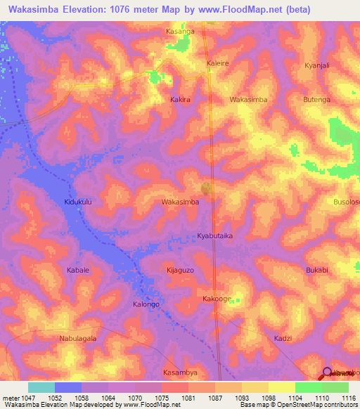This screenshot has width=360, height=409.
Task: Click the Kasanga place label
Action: pyautogui.click(x=179, y=32)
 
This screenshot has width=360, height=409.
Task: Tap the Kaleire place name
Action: pyautogui.click(x=217, y=63)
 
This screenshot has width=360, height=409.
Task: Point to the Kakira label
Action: pyautogui.click(x=181, y=100)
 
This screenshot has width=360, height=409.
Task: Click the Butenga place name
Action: pyautogui.click(x=316, y=100)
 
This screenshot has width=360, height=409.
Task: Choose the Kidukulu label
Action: pyautogui.click(x=79, y=202)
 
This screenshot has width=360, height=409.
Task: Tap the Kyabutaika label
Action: pyautogui.click(x=214, y=236)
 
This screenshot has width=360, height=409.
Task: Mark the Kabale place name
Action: pyautogui.click(x=78, y=270)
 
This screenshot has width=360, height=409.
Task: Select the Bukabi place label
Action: pyautogui.click(x=317, y=270)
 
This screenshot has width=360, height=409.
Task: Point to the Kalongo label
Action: pyautogui.click(x=146, y=304)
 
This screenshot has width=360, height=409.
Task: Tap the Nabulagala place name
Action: pyautogui.click(x=78, y=338)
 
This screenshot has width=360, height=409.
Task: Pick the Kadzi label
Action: pyautogui.click(x=283, y=338)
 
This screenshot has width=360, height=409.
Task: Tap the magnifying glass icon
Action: pyautogui.click(x=327, y=374)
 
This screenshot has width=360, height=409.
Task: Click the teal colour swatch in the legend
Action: pyautogui.click(x=41, y=387)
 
